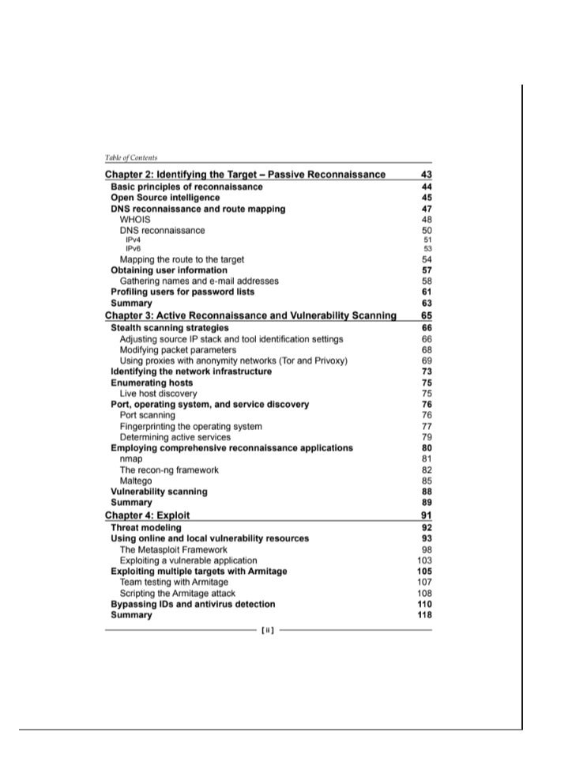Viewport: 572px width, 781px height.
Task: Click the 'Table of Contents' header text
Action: pyautogui.click(x=130, y=158)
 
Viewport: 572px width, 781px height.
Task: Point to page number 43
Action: pyautogui.click(x=427, y=175)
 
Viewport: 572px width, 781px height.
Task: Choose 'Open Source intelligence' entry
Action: pyautogui.click(x=165, y=198)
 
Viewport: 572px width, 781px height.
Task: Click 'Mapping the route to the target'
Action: pyautogui.click(x=182, y=259)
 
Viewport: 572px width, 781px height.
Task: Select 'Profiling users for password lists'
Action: pyautogui.click(x=183, y=292)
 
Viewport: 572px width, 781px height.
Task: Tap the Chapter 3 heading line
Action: pyautogui.click(x=250, y=316)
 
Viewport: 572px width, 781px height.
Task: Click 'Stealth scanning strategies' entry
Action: pyautogui.click(x=170, y=328)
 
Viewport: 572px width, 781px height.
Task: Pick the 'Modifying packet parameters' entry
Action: pyautogui.click(x=178, y=349)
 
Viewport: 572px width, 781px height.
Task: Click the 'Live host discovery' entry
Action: pyautogui.click(x=158, y=394)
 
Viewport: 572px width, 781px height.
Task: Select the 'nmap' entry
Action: pyautogui.click(x=131, y=458)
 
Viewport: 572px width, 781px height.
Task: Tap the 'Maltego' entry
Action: pyautogui.click(x=136, y=481)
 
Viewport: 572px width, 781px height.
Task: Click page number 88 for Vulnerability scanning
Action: pyautogui.click(x=427, y=492)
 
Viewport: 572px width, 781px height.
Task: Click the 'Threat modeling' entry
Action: pyautogui.click(x=146, y=527)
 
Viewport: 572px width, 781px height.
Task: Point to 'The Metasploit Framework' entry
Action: pyautogui.click(x=173, y=549)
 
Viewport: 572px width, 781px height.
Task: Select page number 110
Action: pyautogui.click(x=424, y=604)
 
